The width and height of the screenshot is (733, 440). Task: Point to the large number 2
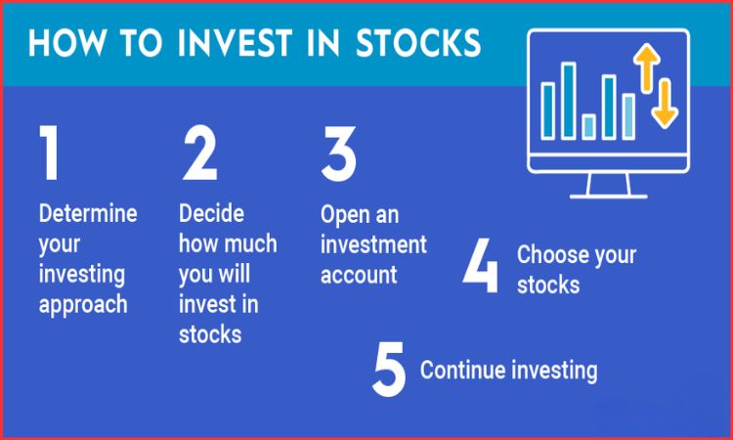click(199, 154)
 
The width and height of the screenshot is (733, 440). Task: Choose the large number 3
click(339, 154)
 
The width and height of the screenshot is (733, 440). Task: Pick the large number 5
click(388, 370)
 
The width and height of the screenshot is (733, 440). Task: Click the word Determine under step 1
click(88, 214)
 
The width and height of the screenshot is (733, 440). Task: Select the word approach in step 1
click(83, 304)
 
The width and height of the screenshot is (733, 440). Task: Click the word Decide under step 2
click(211, 214)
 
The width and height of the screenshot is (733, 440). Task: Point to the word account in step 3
click(358, 275)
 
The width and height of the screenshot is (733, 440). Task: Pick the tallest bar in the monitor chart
click(568, 99)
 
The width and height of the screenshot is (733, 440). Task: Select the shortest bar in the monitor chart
click(588, 126)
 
